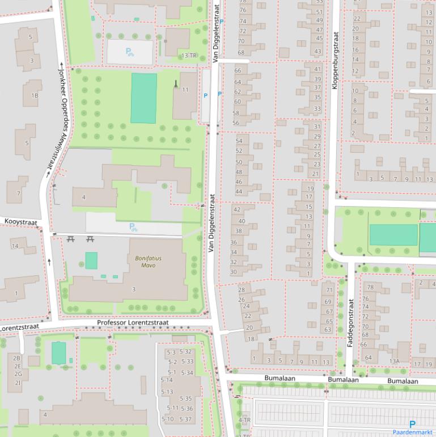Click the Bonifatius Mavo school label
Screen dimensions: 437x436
[148, 261]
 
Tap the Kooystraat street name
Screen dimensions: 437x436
[20, 221]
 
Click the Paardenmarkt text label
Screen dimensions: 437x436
[413, 432]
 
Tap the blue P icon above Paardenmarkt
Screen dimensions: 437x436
[412, 423]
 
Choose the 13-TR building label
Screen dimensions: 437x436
[189, 56]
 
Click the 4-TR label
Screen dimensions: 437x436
[244, 420]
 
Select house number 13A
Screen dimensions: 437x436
[395, 361]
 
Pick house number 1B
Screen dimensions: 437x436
[35, 95]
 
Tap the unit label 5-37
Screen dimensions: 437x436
[186, 419]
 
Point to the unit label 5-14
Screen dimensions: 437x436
[167, 380]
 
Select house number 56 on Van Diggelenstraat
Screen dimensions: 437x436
[236, 123]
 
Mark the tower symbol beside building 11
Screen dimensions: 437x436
[176, 84]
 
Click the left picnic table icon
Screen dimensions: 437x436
[70, 239]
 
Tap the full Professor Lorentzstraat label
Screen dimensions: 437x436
[133, 322]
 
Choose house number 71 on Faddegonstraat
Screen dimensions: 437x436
[328, 291]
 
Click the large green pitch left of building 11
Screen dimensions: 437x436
[143, 98]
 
